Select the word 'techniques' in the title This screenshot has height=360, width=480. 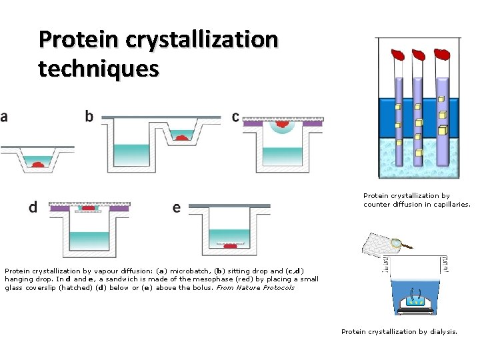coord(99,68)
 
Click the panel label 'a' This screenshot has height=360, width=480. coord(4,117)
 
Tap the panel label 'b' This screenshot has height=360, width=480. coord(89,117)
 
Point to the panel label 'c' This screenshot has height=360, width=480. coord(235,117)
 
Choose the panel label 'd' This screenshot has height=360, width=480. coord(33,207)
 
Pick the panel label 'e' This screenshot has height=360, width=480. coord(176,208)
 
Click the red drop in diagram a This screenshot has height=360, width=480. coord(38,163)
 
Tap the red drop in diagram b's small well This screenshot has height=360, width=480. coord(181,137)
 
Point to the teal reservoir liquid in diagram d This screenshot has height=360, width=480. coord(89,240)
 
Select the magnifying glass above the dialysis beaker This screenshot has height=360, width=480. coord(397,244)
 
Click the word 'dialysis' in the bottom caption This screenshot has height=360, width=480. coord(441,331)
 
